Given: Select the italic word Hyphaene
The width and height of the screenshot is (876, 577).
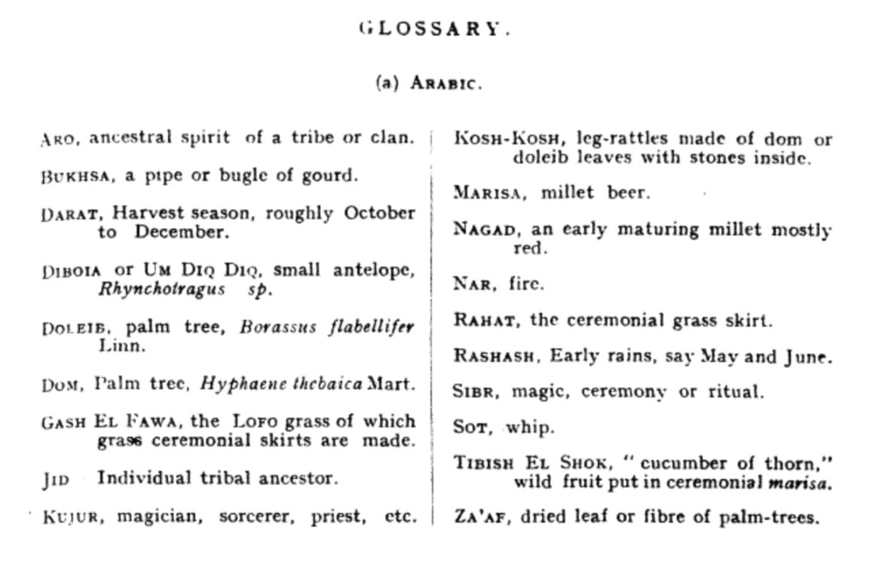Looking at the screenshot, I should [x=231, y=383].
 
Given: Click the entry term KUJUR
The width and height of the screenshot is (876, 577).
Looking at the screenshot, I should [x=69, y=517].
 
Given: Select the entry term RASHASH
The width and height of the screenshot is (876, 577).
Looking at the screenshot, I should [x=496, y=357].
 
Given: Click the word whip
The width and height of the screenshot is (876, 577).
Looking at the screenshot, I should [x=529, y=428].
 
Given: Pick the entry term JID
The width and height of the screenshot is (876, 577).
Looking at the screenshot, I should [x=55, y=480].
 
